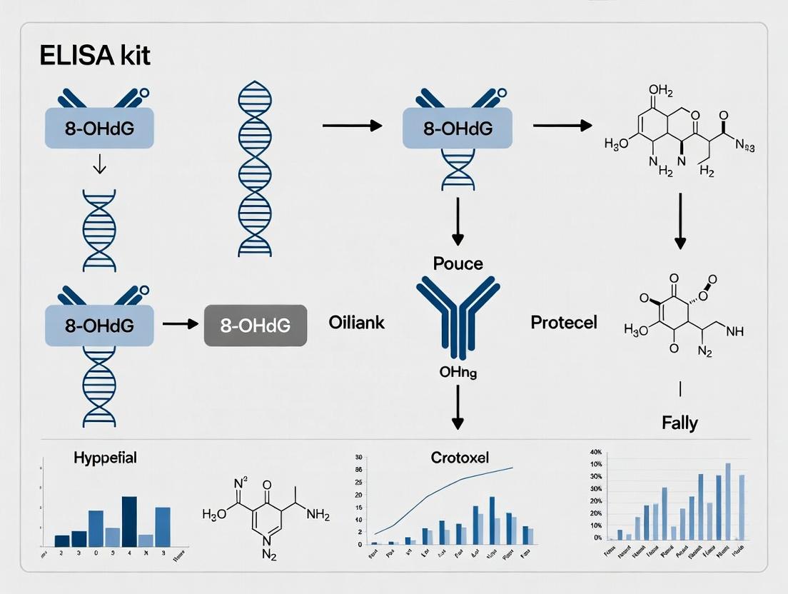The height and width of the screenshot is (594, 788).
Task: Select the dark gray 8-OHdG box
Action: click(256, 326)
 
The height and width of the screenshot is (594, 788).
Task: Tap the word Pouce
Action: click(458, 263)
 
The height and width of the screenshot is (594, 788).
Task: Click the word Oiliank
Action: click(357, 323)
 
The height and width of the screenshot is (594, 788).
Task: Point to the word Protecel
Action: click(564, 323)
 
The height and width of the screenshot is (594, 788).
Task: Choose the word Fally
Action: click(679, 423)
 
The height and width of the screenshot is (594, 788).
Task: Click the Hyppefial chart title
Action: click(105, 458)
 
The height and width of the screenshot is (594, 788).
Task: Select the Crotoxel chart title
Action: click(460, 458)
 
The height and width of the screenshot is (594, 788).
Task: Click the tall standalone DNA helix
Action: click(255, 168)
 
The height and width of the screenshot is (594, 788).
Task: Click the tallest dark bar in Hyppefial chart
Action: click(129, 521)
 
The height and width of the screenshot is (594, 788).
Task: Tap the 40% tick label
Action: click(594, 452)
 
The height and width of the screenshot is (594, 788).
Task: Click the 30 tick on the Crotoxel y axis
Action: click(359, 458)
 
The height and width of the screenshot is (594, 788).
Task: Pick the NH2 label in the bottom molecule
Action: click(318, 513)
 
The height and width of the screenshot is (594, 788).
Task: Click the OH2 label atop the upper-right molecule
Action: click(660, 91)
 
